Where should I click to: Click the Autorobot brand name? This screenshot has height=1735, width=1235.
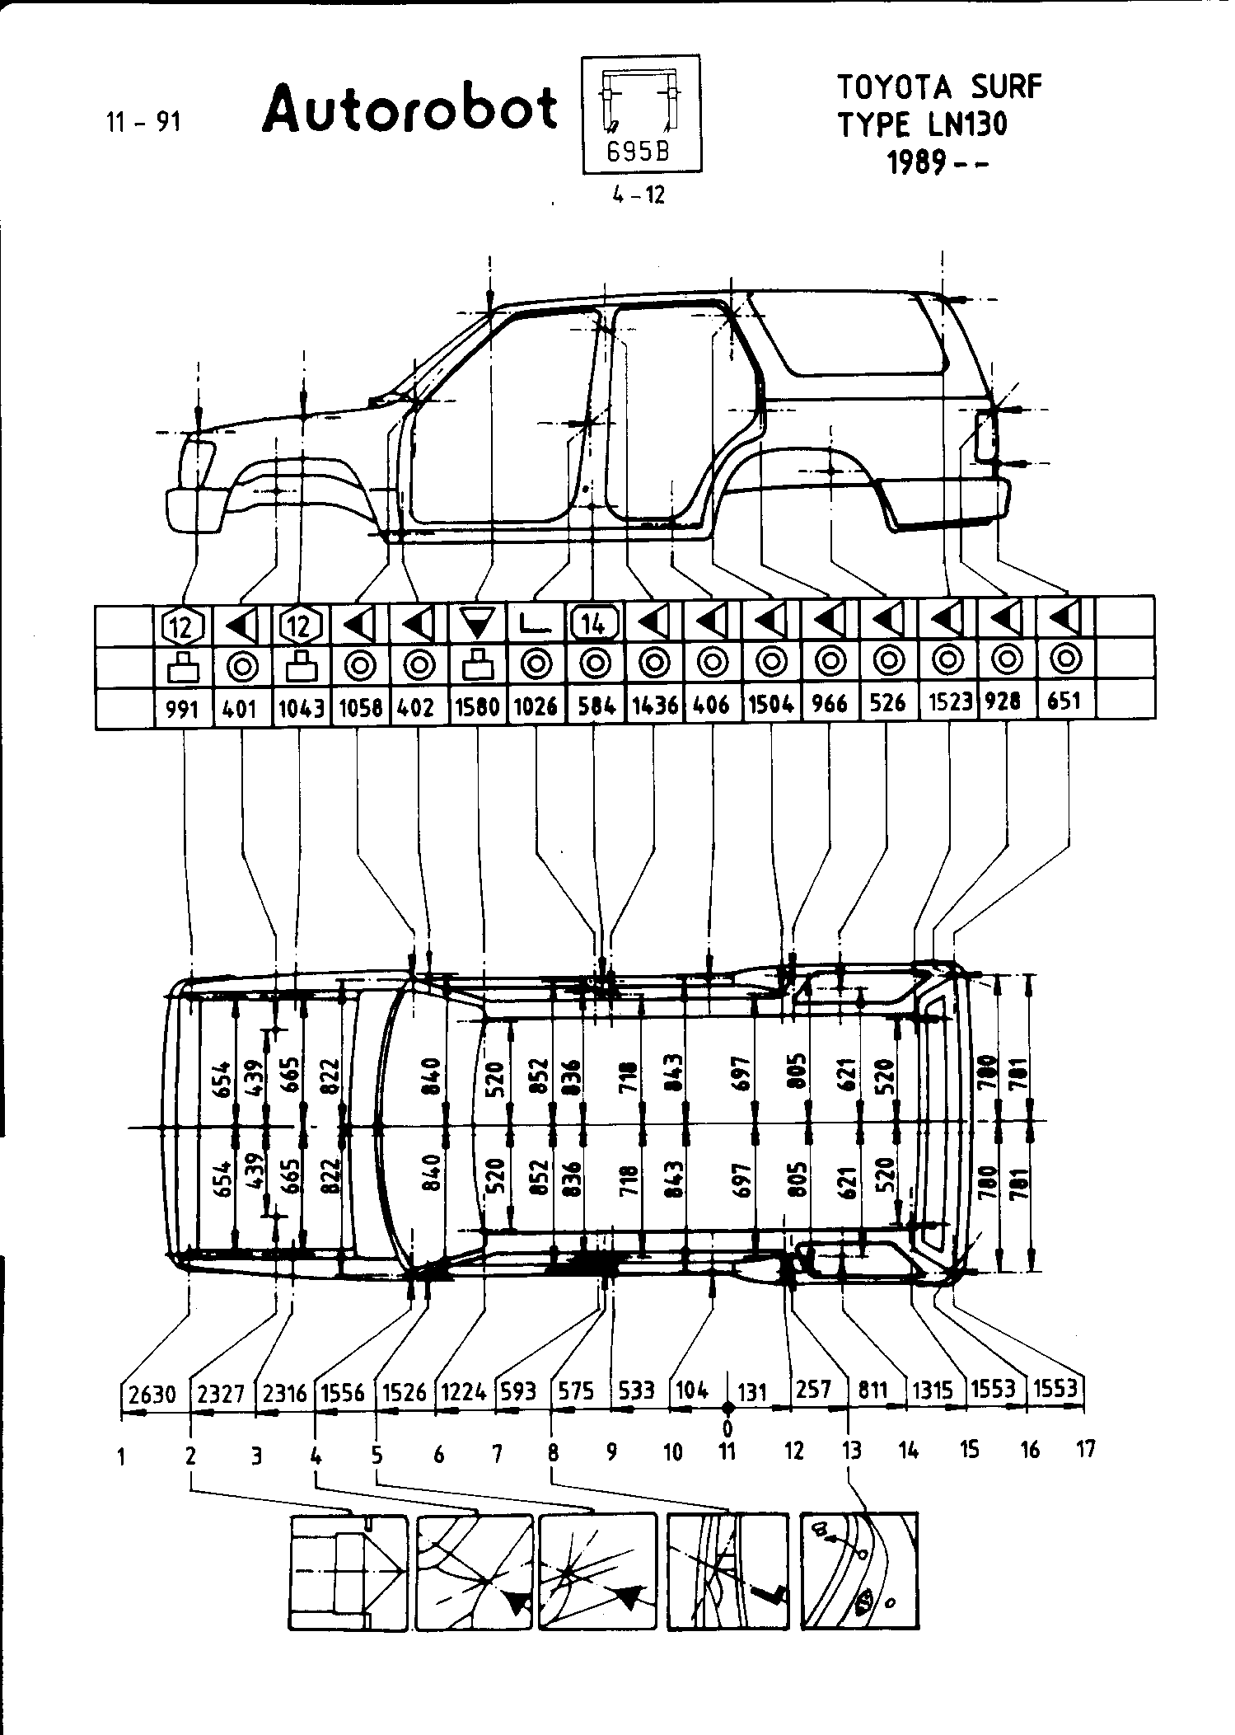coord(410,110)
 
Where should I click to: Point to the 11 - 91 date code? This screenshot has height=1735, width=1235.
coord(143,123)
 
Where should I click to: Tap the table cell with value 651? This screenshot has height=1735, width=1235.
coord(1064,701)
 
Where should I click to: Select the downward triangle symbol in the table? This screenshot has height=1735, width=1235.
coord(477,624)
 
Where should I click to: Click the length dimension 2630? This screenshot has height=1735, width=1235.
coord(153,1394)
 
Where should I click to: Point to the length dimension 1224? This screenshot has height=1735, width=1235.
coord(464,1392)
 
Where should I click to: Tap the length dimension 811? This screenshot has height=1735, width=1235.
coord(873,1391)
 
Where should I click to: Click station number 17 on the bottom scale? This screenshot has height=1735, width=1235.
coord(1086,1448)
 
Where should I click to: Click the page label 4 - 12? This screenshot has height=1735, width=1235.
coord(639,196)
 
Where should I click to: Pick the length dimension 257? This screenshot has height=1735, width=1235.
coord(814,1390)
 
